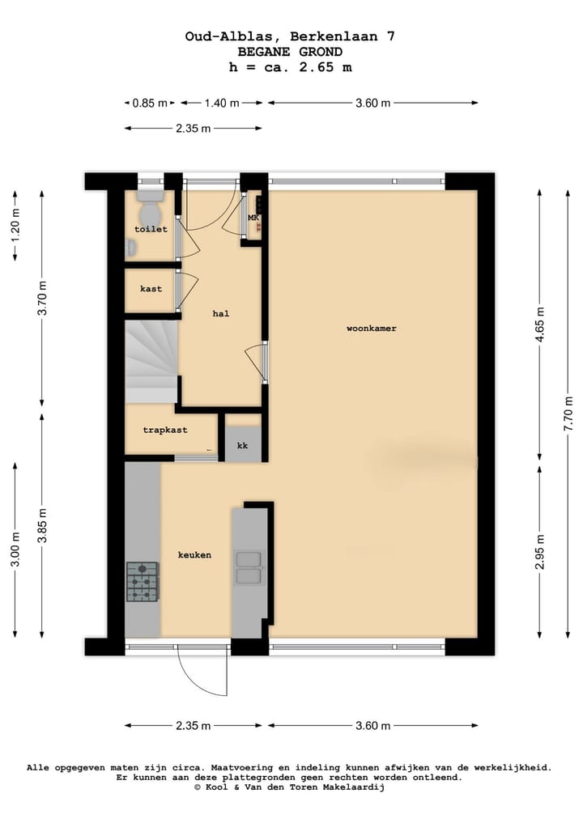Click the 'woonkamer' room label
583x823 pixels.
click(371, 329)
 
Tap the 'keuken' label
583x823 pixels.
click(194, 555)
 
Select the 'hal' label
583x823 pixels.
click(220, 313)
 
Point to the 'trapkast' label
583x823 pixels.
click(165, 431)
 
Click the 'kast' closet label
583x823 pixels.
click(151, 289)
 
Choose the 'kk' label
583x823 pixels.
click(242, 446)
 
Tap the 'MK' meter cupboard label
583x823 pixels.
click(253, 218)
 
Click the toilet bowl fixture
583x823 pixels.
click(150, 212)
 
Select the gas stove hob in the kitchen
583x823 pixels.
click(143, 582)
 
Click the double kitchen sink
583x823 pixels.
click(249, 567)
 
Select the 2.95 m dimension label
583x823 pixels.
click(539, 552)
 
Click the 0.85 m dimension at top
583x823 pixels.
click(151, 103)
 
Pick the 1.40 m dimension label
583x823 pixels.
click(221, 103)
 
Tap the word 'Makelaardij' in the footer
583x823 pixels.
click(353, 787)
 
